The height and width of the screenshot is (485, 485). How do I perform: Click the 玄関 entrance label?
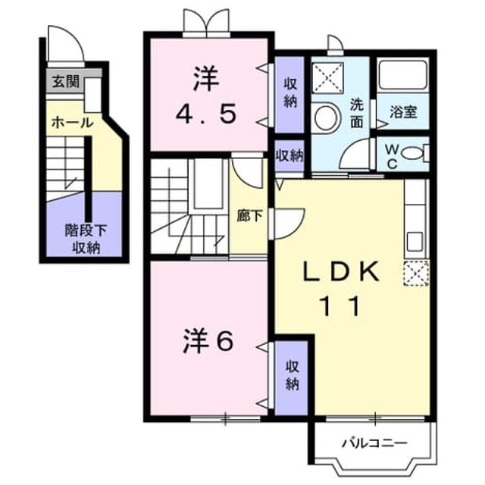(66, 82)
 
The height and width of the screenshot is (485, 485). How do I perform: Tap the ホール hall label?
(72, 123)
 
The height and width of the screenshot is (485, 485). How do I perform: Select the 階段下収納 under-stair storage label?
(86, 239)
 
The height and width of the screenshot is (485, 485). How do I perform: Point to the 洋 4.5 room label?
(206, 96)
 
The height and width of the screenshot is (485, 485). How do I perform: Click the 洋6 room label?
(208, 343)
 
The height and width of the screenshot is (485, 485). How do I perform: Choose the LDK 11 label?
(341, 289)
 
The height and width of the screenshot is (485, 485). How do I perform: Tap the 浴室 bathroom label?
(403, 112)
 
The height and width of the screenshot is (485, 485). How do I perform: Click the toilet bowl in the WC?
(412, 153)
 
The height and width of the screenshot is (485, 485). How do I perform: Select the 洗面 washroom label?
(356, 114)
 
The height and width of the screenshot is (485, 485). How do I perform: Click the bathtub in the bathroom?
(402, 75)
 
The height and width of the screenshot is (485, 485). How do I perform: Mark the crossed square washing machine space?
(327, 77)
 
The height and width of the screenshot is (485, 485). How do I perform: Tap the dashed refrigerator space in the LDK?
(416, 273)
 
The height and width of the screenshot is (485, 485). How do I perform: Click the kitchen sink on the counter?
(415, 242)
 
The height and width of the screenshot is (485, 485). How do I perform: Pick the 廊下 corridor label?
(249, 216)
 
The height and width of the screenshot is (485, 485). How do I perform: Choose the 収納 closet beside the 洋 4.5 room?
(289, 93)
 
